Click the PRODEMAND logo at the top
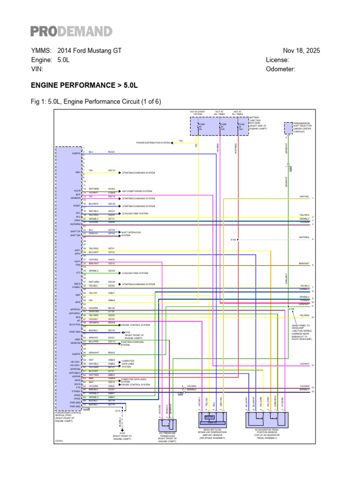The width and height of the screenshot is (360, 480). [x=71, y=31]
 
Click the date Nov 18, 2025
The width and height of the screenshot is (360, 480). [x=301, y=51]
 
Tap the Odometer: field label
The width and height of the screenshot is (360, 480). [x=280, y=69]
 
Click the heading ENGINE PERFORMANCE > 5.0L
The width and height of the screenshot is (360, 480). [x=84, y=86]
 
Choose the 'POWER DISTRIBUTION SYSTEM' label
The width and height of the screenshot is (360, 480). [x=153, y=142]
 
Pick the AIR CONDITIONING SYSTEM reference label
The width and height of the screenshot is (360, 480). [x=137, y=191]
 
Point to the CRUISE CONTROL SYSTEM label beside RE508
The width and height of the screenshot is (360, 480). [x=136, y=324]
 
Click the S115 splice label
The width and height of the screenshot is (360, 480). [x=118, y=411]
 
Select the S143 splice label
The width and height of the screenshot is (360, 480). [x=233, y=240]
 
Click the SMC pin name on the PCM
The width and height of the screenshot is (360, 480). [x=79, y=172]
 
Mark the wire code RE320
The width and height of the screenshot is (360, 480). [x=111, y=152]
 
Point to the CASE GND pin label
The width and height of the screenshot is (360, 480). [x=75, y=332]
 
